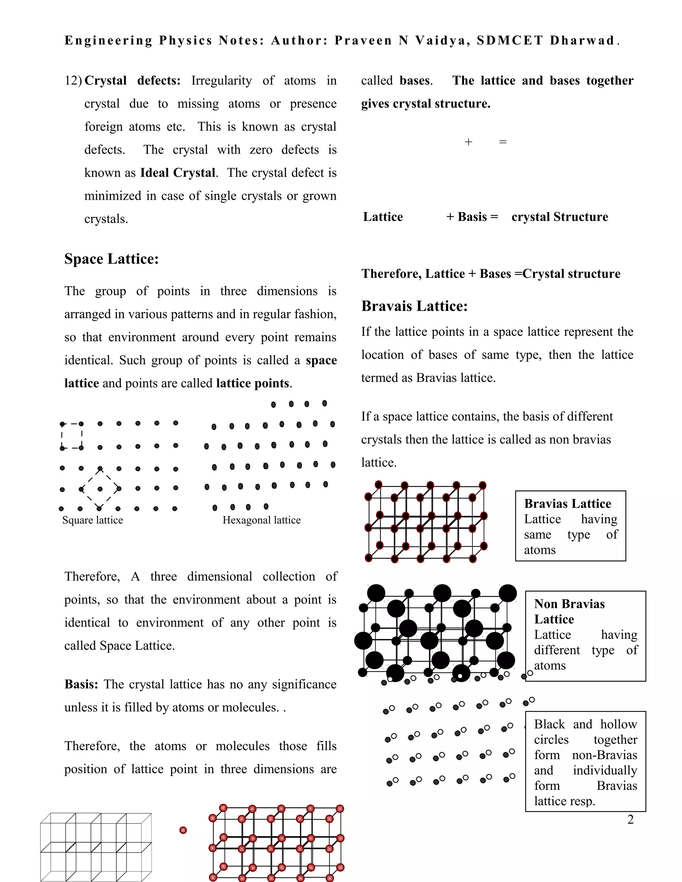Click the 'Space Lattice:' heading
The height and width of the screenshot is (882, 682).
(112, 259)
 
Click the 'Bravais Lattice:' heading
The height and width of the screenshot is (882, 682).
(414, 306)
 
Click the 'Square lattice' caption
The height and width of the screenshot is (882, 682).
(93, 520)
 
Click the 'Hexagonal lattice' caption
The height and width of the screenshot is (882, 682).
(261, 520)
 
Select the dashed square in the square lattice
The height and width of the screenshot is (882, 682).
(72, 436)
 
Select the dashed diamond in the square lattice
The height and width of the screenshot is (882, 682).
(100, 489)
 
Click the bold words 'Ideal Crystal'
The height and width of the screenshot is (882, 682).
(177, 173)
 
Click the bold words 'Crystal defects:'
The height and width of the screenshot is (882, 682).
(133, 81)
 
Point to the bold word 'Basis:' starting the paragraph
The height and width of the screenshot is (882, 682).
(81, 685)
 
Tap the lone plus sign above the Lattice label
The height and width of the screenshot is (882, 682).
(468, 142)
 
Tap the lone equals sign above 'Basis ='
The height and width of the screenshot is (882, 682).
(503, 142)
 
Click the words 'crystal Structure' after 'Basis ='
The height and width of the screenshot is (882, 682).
(559, 217)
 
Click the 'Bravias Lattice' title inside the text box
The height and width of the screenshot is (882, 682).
(567, 504)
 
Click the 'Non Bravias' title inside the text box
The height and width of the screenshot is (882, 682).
(569, 604)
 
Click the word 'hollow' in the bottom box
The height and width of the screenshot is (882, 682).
(618, 724)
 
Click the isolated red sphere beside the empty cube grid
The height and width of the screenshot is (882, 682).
(183, 830)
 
